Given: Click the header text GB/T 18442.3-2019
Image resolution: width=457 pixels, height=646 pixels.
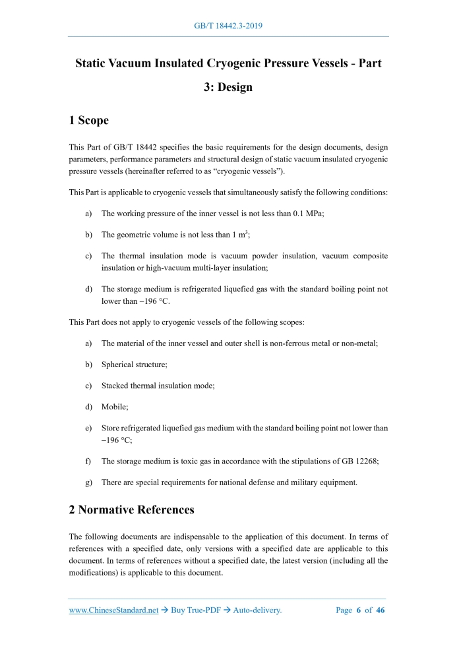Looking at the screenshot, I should click(229, 26).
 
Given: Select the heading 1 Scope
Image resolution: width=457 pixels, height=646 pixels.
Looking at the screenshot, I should click(88, 120).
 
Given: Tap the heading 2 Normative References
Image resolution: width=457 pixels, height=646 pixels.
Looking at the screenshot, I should click(132, 510).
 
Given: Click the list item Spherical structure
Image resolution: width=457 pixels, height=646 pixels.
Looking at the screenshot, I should click(135, 364).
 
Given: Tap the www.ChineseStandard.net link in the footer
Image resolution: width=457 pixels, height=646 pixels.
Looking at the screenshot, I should click(113, 610).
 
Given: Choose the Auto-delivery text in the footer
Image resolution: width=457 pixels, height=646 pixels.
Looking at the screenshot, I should click(259, 610).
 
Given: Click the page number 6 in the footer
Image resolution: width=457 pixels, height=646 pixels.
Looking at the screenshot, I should click(359, 610).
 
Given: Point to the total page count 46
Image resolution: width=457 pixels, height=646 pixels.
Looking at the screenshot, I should click(381, 610).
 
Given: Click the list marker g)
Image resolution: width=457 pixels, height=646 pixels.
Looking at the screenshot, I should click(88, 483).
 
